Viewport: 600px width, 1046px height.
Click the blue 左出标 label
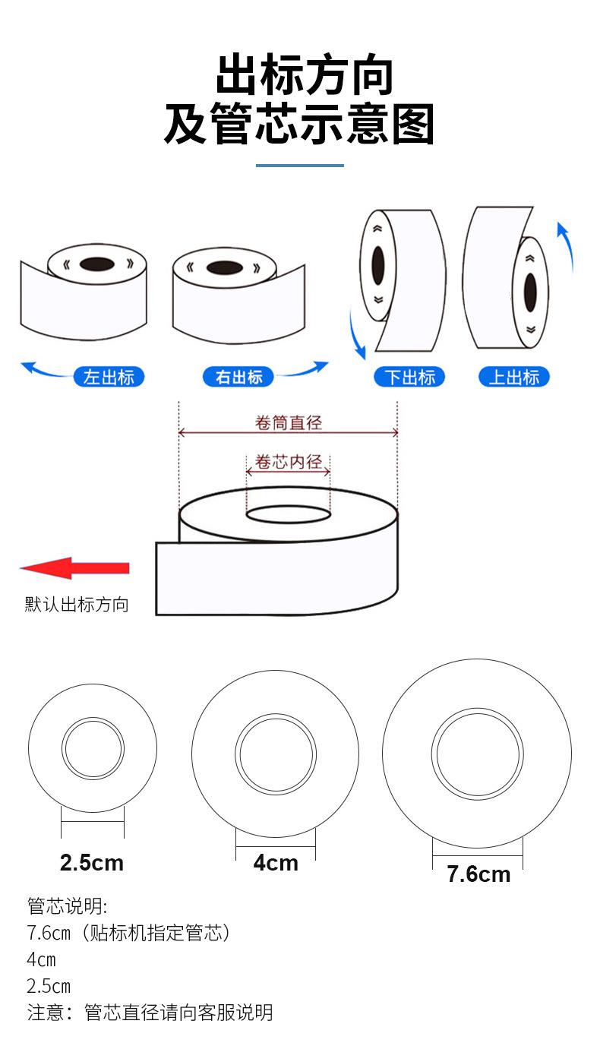(x=109, y=377)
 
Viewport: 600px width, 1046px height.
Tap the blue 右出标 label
(x=238, y=377)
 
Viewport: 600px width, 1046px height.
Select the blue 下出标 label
(x=409, y=377)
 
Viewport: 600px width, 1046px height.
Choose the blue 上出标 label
(x=513, y=377)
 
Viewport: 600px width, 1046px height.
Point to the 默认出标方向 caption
(x=77, y=605)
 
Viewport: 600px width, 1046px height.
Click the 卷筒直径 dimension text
(x=288, y=422)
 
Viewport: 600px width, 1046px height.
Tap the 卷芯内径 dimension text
(x=288, y=462)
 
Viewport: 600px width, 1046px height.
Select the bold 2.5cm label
(x=91, y=863)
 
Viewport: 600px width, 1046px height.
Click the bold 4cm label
(x=276, y=863)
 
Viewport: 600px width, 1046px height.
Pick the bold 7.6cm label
(x=478, y=874)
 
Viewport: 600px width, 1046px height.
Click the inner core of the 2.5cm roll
(x=93, y=748)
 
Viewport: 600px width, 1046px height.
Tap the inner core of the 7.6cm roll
(x=477, y=754)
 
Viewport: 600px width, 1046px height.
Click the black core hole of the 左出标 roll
(x=96, y=264)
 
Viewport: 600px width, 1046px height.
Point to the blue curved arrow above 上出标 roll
(x=566, y=247)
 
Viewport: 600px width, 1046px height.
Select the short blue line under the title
(x=299, y=165)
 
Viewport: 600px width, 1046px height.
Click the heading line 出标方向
(x=304, y=75)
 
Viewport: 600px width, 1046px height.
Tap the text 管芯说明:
(x=68, y=906)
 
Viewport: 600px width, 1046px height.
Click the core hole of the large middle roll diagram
(x=288, y=514)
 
